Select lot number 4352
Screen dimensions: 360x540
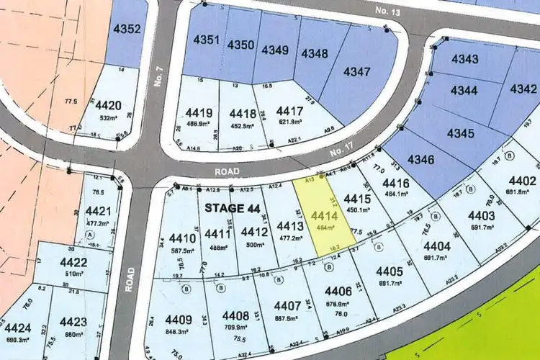click(x=127, y=30)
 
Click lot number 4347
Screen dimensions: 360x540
click(x=357, y=71)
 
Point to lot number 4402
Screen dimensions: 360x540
click(x=522, y=181)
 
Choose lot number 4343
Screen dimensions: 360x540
click(x=465, y=58)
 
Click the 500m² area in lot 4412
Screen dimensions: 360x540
click(x=255, y=244)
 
